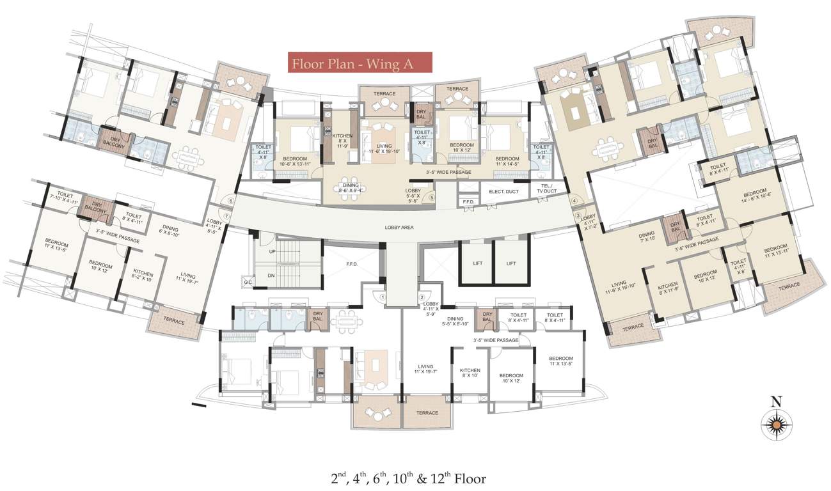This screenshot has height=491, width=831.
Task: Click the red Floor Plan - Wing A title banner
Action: pyautogui.click(x=360, y=63)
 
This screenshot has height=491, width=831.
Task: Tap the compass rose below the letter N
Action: pyautogui.click(x=777, y=425)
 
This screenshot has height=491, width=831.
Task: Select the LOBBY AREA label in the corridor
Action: pyautogui.click(x=400, y=227)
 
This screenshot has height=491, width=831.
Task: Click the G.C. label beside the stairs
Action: pyautogui.click(x=248, y=282)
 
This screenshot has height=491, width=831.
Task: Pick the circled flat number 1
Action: pyautogui.click(x=382, y=297)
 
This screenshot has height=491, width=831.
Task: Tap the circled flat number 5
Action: pyautogui.click(x=432, y=198)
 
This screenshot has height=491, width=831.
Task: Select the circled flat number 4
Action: pyautogui.click(x=574, y=201)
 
